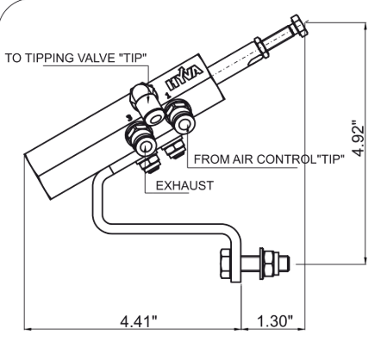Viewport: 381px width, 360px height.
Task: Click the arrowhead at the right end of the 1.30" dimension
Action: (306, 328)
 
